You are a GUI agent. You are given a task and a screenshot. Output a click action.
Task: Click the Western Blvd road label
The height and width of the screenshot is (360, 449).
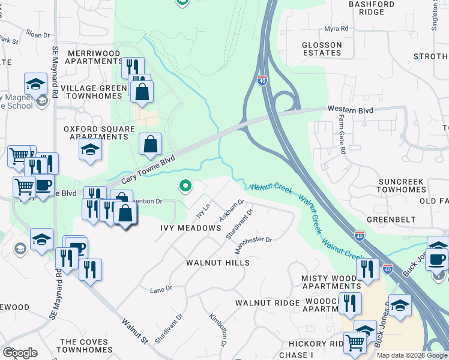point(350,110)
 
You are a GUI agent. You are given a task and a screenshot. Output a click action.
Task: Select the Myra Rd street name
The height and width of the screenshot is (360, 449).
point(336,28)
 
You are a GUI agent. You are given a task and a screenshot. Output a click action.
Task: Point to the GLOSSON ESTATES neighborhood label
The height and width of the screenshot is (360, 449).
point(322,49)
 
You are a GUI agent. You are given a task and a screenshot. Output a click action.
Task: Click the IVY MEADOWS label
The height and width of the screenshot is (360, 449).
point(190,228)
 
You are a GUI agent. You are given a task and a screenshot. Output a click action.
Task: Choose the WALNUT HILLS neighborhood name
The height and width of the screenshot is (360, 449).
point(217,263)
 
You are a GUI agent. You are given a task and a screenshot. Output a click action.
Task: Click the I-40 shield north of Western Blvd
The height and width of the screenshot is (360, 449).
point(262,81)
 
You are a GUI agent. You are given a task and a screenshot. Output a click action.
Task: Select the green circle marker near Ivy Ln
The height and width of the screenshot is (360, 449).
point(185,187)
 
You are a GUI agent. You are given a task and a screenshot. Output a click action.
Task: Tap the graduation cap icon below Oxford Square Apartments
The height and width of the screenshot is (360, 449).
point(90,148)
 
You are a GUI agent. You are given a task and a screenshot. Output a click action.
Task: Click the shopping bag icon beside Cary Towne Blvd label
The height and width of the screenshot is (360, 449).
point(149,143)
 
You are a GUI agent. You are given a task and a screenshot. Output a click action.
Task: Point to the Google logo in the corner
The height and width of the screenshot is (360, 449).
point(20,353)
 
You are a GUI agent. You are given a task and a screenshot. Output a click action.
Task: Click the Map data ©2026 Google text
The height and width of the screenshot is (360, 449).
point(412,355)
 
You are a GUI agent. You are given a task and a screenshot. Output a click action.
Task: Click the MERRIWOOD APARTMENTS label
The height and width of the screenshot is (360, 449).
point(93,57)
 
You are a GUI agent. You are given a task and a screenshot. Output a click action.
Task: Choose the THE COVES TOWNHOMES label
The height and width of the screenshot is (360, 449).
point(83,346)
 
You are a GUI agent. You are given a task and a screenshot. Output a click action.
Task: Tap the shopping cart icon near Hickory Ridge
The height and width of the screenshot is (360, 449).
point(355,343)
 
